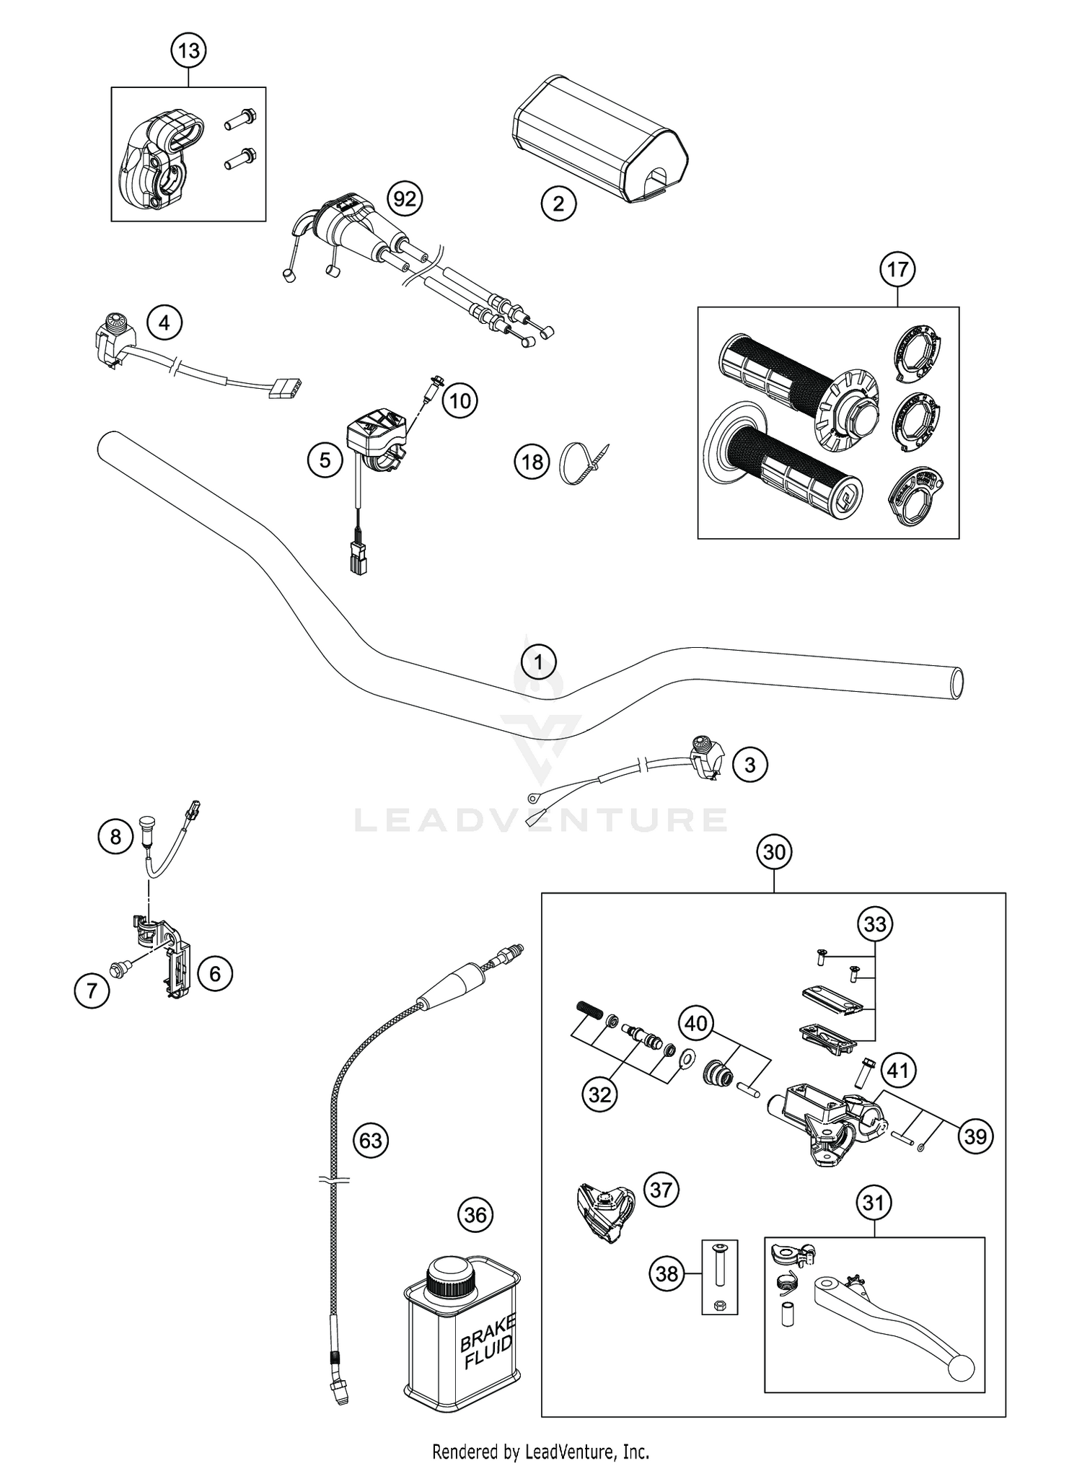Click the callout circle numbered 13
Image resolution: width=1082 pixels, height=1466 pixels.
point(188,51)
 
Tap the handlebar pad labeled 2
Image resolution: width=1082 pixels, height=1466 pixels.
point(599,137)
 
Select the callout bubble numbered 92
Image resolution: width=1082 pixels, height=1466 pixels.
point(405,198)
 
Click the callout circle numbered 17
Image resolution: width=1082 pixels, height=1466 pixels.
point(897,270)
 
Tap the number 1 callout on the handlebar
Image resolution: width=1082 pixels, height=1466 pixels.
point(539,661)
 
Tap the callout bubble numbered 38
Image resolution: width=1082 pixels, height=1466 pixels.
point(667,1273)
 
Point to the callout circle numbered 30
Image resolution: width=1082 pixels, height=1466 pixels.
point(773,852)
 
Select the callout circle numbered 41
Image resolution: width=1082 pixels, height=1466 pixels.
point(897,1070)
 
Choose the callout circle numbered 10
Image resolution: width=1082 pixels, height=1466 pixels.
point(460,400)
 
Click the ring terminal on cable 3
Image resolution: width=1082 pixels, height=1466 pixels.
point(534,798)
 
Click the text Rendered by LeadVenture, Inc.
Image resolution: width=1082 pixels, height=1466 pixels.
point(540,1450)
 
